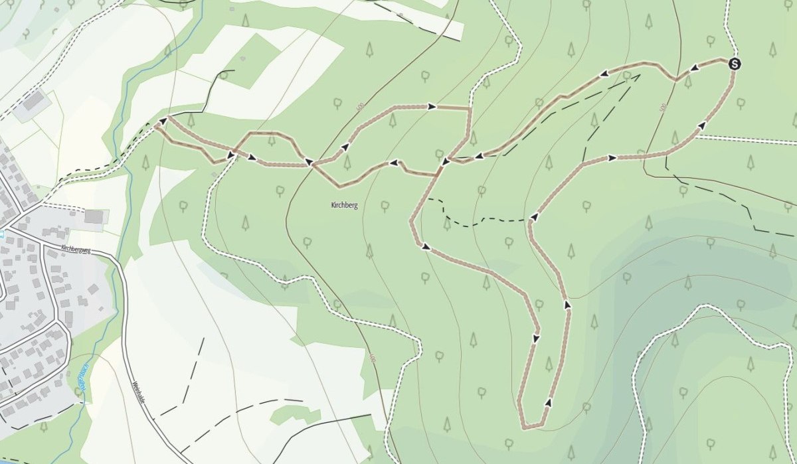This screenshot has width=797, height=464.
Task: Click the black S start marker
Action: click(734, 64)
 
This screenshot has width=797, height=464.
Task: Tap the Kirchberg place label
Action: click(344, 206)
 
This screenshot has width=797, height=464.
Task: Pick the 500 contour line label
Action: click(663, 107)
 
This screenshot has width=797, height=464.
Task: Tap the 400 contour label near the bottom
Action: click(373, 358)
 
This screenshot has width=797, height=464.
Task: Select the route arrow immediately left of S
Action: click(695, 68)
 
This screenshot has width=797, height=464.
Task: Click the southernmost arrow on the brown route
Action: click(549, 402)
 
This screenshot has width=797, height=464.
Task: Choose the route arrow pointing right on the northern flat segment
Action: click(432, 106)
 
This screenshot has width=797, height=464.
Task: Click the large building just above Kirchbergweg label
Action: click(94, 216)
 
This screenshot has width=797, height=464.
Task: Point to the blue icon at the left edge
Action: click(2, 234)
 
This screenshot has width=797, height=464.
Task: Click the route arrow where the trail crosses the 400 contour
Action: click(308, 161)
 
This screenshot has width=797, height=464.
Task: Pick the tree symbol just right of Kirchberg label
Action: click(385, 205)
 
